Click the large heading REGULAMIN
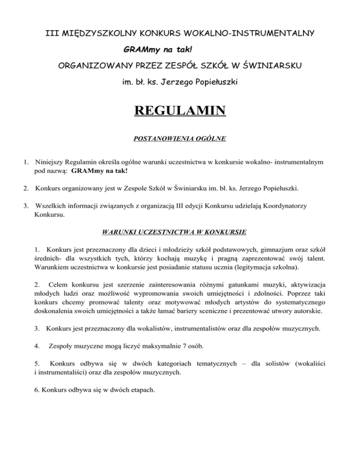point(180,112)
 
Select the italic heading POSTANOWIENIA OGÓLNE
point(180,139)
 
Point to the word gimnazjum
point(257,248)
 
